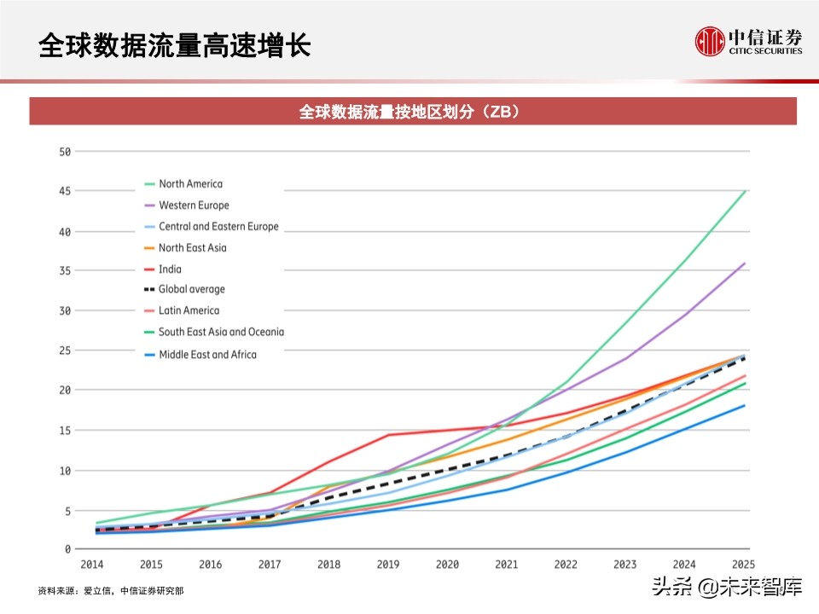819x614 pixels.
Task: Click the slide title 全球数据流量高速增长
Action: point(174,45)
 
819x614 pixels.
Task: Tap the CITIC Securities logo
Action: point(748,41)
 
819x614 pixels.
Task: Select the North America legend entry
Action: point(190,183)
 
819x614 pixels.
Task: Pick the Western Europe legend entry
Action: point(194,205)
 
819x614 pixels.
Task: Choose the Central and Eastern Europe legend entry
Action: point(218,227)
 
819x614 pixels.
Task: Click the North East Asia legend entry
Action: point(192,248)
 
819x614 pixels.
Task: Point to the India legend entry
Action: point(170,269)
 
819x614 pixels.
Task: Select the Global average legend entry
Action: point(192,289)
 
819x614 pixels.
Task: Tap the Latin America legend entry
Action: point(189,310)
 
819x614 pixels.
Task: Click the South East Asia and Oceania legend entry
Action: point(221,332)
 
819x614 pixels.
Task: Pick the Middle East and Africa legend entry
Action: point(207,354)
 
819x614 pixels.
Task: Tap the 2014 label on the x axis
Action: point(92,565)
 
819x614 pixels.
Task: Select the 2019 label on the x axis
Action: point(389,565)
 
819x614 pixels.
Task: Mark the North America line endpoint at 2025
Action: point(746,191)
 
